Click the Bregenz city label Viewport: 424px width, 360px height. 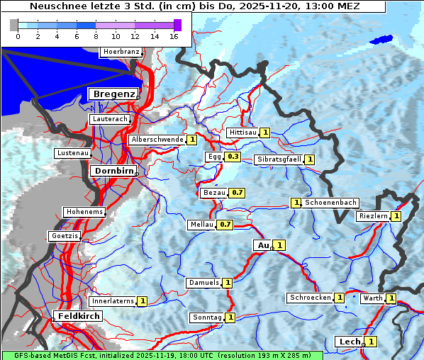click(x=112, y=94)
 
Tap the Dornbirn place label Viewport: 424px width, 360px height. click(x=112, y=171)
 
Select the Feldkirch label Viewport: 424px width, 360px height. click(x=77, y=315)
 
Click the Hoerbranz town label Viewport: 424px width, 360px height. click(x=121, y=52)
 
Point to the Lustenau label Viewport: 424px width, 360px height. click(x=72, y=153)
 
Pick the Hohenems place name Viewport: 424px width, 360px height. click(x=84, y=212)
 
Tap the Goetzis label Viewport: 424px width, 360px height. click(x=65, y=235)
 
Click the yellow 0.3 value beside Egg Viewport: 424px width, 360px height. click(x=233, y=156)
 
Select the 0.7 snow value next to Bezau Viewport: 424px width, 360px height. click(x=238, y=192)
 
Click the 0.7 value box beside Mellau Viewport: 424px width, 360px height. click(x=225, y=225)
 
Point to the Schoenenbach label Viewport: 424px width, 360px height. click(x=330, y=203)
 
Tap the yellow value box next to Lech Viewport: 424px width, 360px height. click(x=370, y=342)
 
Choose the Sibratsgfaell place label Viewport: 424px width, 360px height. click(x=279, y=159)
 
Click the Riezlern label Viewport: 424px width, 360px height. click(x=373, y=215)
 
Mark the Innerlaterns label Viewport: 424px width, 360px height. click(x=113, y=301)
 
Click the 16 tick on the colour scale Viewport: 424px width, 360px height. click(x=174, y=35)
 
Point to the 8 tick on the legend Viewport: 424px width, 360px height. click(x=96, y=35)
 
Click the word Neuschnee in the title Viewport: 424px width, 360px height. click(x=55, y=6)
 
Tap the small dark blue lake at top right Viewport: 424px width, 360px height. click(x=381, y=40)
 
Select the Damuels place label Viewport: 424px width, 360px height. click(x=203, y=283)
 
